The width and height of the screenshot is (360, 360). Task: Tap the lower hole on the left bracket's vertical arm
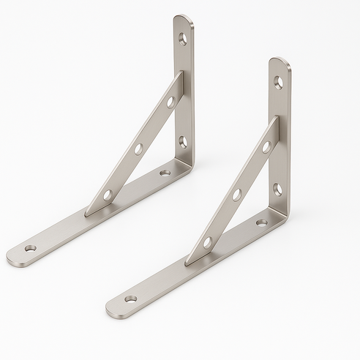click(x=183, y=140)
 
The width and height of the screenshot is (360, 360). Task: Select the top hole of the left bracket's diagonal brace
click(x=170, y=102)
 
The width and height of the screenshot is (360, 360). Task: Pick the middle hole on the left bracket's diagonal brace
click(x=138, y=149)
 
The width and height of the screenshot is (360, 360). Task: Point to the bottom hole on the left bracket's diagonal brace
click(x=108, y=195)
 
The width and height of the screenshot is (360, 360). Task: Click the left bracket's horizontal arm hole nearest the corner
click(x=165, y=173)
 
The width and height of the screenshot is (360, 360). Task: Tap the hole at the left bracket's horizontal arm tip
click(x=30, y=249)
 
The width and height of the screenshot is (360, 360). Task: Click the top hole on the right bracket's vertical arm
click(x=278, y=81)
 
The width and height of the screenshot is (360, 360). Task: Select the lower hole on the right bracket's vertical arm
click(x=278, y=190)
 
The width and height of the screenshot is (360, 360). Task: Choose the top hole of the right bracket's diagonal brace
click(x=266, y=147)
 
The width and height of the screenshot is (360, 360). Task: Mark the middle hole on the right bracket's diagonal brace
click(x=236, y=195)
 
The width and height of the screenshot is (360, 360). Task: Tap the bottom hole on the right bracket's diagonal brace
click(x=207, y=241)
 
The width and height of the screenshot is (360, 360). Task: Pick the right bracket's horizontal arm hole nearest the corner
click(x=262, y=222)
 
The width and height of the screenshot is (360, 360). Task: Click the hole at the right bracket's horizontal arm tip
click(x=130, y=299)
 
